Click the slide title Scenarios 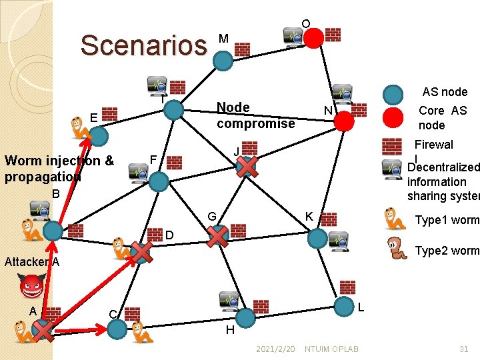(x=143, y=45)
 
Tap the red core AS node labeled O (x=313, y=38)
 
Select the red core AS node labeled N (x=344, y=121)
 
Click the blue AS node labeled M (x=223, y=61)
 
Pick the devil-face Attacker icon (x=31, y=288)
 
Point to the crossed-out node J (x=247, y=167)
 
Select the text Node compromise (x=255, y=115)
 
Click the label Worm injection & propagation (x=59, y=168)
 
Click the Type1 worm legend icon (x=395, y=219)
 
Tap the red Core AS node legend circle (x=394, y=117)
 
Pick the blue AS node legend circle (x=394, y=95)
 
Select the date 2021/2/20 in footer (x=275, y=349)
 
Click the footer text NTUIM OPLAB (x=331, y=349)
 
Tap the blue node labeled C (x=117, y=328)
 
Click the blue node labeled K (x=318, y=238)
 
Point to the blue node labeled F (x=159, y=181)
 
